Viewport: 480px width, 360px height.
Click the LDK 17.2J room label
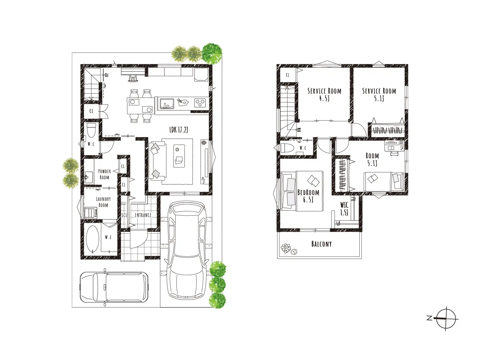click(179, 130)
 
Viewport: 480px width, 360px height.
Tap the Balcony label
click(321, 244)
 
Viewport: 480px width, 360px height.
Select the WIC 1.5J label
click(344, 209)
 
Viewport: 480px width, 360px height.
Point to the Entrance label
click(143, 215)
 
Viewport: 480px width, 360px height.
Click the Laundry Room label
click(103, 202)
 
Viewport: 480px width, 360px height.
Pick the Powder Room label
click(104, 174)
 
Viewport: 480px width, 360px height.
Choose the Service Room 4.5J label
click(324, 94)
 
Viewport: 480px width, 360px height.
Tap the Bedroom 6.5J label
click(308, 196)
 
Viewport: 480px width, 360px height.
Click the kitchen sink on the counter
click(167, 103)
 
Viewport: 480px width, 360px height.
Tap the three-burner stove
click(199, 103)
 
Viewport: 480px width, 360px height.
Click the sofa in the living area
click(157, 161)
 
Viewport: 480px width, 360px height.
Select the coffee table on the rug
click(179, 156)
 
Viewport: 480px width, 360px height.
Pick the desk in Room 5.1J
click(394, 146)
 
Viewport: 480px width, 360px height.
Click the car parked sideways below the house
click(114, 287)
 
